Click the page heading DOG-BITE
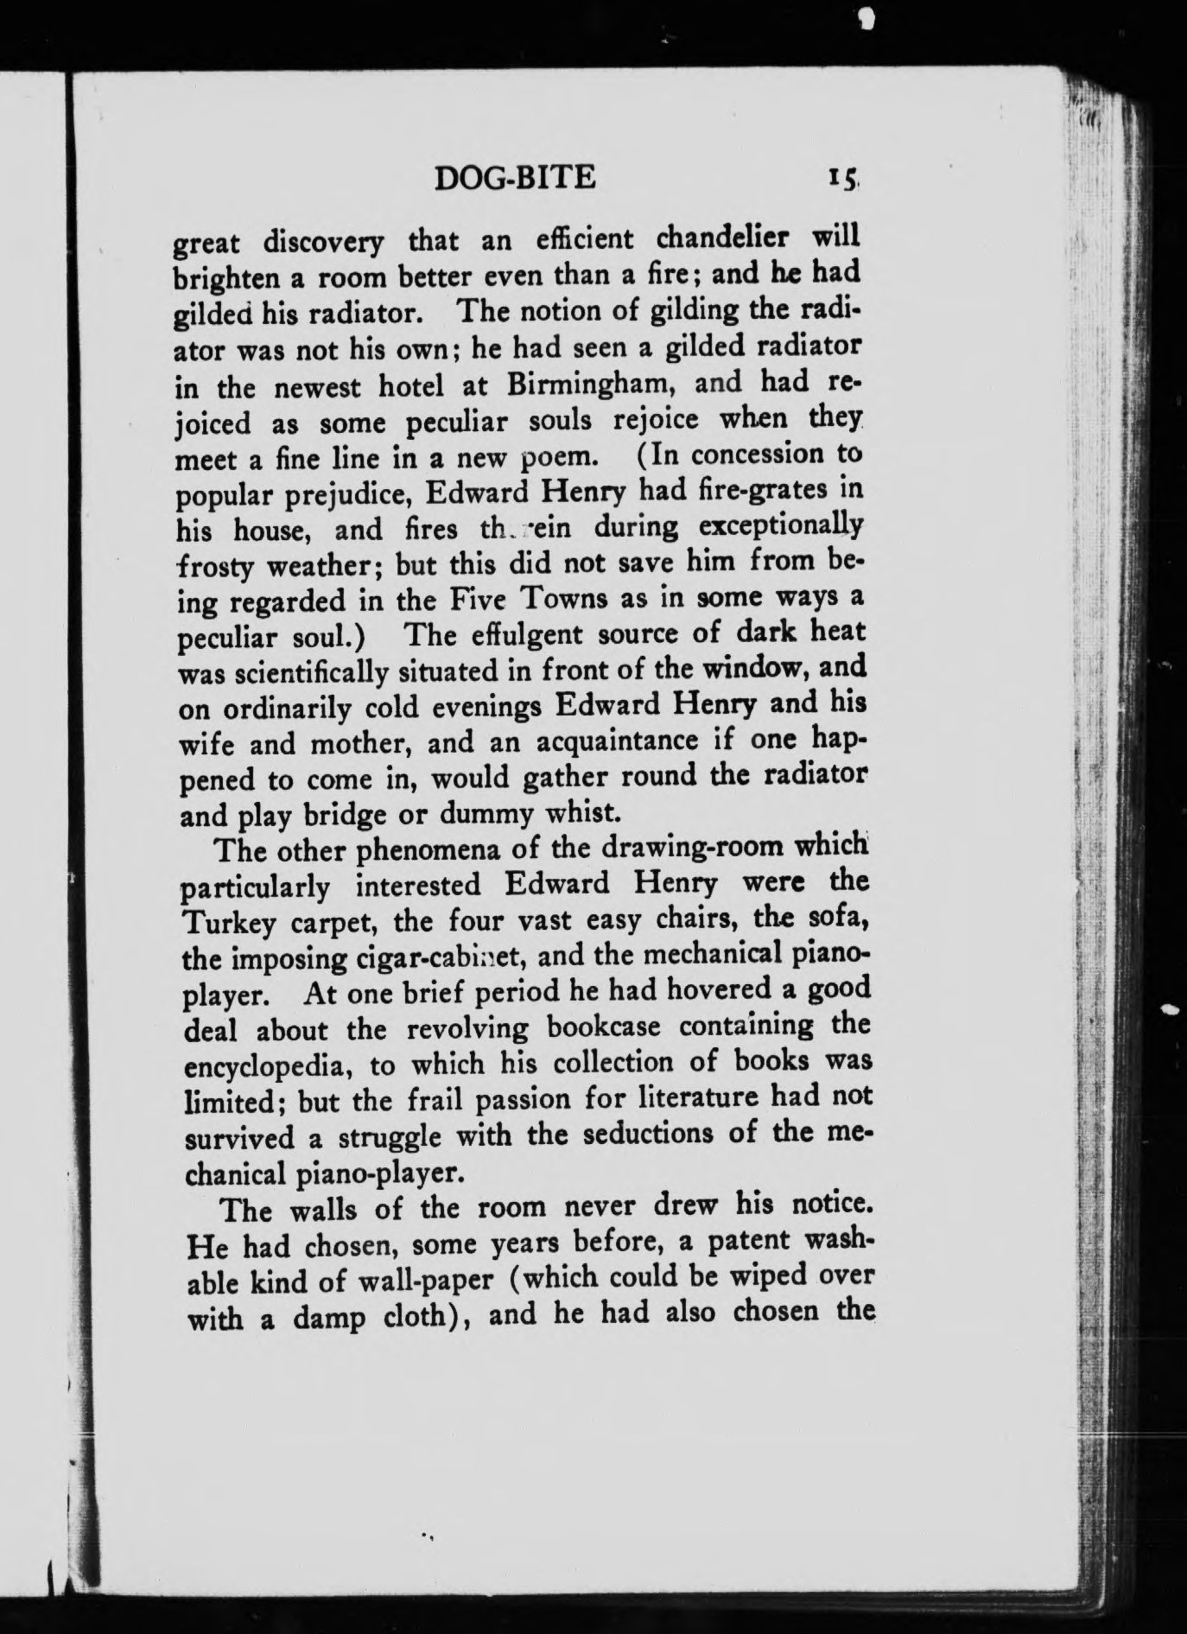(515, 178)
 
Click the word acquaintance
(616, 742)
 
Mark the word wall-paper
(435, 1277)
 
